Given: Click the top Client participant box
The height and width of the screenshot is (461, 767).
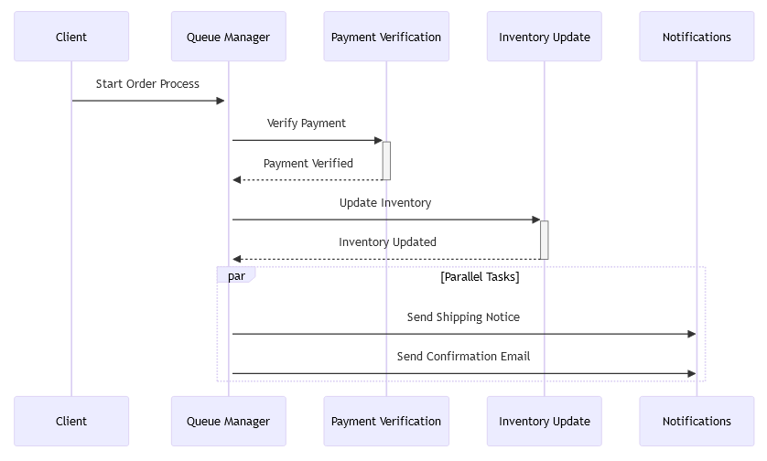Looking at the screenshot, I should (71, 37).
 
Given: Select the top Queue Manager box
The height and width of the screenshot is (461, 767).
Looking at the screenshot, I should (228, 37).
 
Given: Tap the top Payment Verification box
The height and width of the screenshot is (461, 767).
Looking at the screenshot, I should (386, 37).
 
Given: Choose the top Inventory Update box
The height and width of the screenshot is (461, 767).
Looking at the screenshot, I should (544, 37).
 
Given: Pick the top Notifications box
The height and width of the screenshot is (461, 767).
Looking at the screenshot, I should (697, 37).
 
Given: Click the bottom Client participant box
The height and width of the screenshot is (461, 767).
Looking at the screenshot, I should (71, 421).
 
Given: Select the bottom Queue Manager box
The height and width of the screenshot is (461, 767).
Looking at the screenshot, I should (228, 421).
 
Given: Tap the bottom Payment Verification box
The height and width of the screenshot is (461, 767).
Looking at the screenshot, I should (386, 421).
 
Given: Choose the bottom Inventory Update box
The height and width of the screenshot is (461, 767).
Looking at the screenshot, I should (544, 421).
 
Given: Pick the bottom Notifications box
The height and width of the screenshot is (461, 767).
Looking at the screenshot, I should (697, 421).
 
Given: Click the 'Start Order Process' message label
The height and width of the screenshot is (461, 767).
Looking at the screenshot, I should (147, 84).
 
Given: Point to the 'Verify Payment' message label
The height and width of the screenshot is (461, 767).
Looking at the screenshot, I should (307, 123).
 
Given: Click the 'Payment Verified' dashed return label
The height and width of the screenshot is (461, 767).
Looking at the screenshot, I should (308, 164).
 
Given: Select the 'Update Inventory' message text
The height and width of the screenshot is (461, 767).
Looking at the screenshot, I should (385, 203).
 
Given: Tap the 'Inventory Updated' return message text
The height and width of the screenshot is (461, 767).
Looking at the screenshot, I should (387, 242).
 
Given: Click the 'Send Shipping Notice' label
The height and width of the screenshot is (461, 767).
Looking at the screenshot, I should (463, 317).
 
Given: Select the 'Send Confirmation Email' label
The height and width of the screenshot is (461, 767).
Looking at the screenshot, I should (463, 357).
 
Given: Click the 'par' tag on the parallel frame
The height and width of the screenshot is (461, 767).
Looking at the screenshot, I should (236, 276).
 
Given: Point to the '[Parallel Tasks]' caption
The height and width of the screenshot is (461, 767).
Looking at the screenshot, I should (480, 277).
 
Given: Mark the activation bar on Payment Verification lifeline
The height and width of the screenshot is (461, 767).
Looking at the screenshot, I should (386, 160).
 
